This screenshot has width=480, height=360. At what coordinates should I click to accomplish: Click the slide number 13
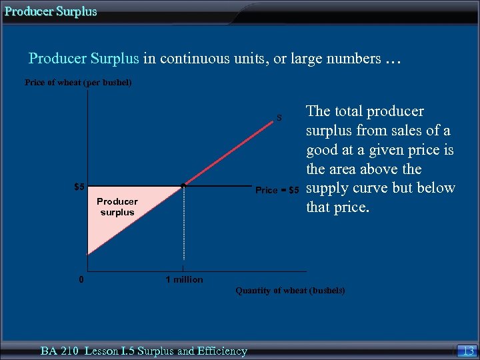pos(468,351)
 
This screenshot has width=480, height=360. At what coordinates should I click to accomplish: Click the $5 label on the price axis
pos(79,187)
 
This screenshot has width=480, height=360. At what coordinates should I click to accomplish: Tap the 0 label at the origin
pos(80,279)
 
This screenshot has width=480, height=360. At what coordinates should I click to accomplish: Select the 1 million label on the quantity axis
pos(184,279)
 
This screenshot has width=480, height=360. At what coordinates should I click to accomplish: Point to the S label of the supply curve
pos(279,118)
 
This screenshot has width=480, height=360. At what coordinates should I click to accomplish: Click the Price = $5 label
pos(278,191)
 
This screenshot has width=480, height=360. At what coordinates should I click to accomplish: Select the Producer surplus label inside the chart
pos(117,207)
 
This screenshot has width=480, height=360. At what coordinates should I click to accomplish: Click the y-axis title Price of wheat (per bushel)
pos(78,83)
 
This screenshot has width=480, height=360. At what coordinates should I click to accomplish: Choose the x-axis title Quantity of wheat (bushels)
pos(290,291)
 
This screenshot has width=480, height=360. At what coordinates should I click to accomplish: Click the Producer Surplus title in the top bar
pos(51,11)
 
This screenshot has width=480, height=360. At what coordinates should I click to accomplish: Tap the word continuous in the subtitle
pos(190,59)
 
